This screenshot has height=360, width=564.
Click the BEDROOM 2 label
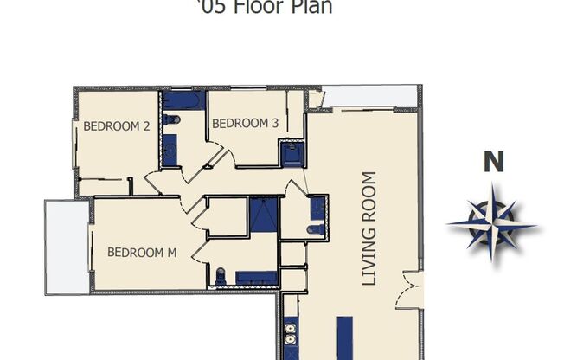pos(117,125)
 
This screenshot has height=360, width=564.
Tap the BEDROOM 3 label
pos(246,123)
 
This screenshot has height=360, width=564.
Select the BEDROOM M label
pos(142,253)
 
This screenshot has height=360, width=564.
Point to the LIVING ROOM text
pos(369,229)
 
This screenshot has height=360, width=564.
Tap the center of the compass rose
pos(492,222)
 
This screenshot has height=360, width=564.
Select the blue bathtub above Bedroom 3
pos(182,100)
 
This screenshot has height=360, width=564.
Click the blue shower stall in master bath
pos(262,215)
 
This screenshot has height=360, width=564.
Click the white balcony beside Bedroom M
pos(66,246)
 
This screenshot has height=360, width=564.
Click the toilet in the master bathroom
pos(221,276)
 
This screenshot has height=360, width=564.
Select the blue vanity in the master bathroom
pos(257,278)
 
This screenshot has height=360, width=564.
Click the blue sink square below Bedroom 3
pos(290,154)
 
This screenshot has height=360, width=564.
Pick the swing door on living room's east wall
pos(409,289)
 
